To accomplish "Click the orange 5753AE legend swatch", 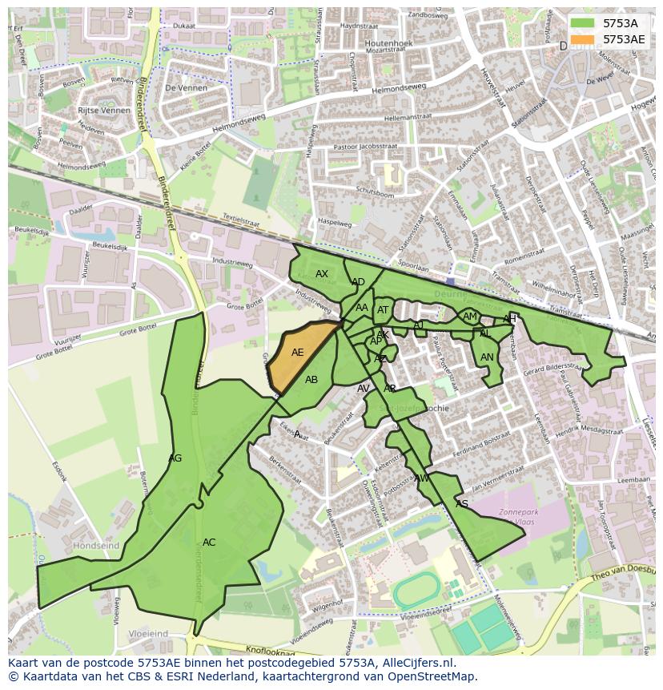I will pyautogui.click(x=583, y=39).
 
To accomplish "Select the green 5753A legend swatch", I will pyautogui.click(x=583, y=23).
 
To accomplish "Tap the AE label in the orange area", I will pyautogui.click(x=297, y=353).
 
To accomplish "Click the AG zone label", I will pyautogui.click(x=175, y=458).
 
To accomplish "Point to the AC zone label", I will pyautogui.click(x=209, y=543).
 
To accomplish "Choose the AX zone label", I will pyautogui.click(x=322, y=274).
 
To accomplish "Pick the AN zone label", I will pyautogui.click(x=487, y=357).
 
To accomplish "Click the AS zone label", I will pyautogui.click(x=461, y=504).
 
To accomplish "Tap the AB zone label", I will pyautogui.click(x=311, y=380).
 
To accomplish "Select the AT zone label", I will pyautogui.click(x=383, y=311).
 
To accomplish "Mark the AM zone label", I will pyautogui.click(x=470, y=317).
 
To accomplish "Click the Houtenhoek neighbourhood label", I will pyautogui.click(x=388, y=43).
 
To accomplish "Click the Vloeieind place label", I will pyautogui.click(x=148, y=634).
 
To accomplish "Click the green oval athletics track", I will pyautogui.click(x=416, y=591).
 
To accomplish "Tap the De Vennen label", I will pyautogui.click(x=185, y=87).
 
